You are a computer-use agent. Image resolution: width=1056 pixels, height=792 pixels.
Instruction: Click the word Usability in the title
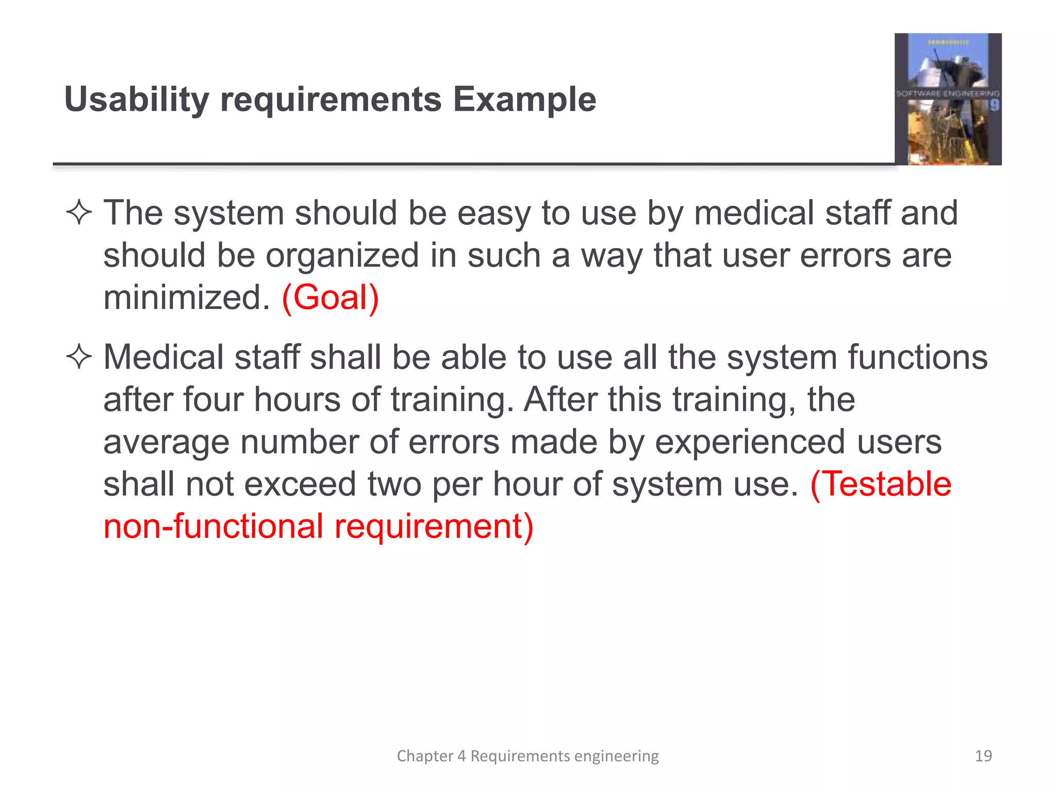[137, 100]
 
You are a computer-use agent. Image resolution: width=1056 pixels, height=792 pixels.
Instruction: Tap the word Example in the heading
[524, 100]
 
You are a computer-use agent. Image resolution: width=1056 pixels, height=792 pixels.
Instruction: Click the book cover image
[948, 99]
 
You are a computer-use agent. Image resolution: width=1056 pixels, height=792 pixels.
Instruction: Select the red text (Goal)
[330, 298]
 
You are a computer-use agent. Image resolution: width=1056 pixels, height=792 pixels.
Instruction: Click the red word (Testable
[881, 484]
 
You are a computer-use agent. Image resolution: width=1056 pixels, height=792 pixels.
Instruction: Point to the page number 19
[983, 756]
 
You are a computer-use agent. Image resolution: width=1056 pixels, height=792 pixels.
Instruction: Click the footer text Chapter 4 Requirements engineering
[527, 756]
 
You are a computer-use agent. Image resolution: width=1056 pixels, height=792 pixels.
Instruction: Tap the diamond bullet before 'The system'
[79, 212]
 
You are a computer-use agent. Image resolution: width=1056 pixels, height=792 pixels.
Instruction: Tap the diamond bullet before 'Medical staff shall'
[79, 357]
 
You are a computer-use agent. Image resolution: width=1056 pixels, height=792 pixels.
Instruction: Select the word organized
[342, 256]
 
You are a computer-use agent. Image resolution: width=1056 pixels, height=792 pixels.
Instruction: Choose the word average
[166, 442]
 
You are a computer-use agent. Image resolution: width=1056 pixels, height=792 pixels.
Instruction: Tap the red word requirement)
[434, 526]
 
